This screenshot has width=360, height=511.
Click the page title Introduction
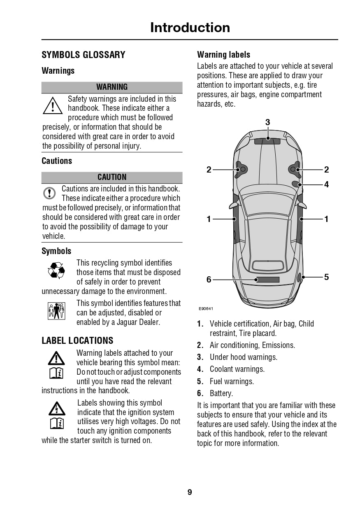pos(190,28)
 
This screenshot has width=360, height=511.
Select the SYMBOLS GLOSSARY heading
pos(84,55)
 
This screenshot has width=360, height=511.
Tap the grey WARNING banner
pos(112,87)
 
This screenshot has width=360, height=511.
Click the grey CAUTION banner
pos(112,177)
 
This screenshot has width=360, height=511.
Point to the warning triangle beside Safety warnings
pos(52,106)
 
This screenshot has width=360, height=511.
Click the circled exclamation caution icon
pos(49,193)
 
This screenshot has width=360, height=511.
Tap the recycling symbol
pos(56,271)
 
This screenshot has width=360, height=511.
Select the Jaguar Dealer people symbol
pos(56,311)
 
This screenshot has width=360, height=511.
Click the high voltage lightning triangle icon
pos(56,408)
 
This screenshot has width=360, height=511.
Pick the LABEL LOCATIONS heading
pos(77,341)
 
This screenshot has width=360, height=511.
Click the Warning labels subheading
pos(223,54)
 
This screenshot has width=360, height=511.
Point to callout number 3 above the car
pos(267,122)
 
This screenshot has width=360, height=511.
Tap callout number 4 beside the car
pos(326,184)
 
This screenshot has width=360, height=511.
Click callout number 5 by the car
pos(326,277)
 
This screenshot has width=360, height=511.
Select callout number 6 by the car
pos(209,280)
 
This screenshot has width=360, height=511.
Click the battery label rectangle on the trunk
pos(268,280)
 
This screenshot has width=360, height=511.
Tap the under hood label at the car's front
pos(267,141)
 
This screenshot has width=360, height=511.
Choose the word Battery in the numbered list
pos(221,393)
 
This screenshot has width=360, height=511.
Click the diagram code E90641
pos(206,308)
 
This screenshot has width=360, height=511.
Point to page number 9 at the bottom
pos(190,492)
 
